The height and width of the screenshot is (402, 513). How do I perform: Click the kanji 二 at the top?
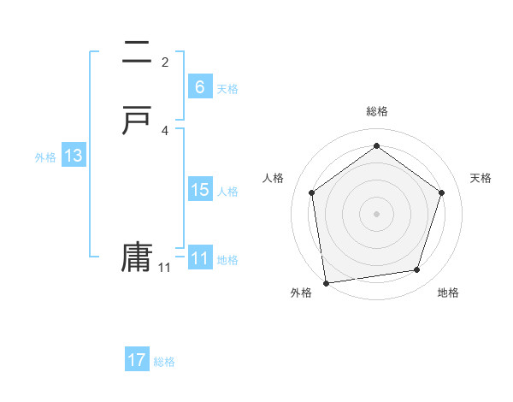(x=136, y=53)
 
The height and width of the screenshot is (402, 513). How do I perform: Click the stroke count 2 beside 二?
(x=165, y=62)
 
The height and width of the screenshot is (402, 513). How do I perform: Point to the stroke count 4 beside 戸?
(x=165, y=130)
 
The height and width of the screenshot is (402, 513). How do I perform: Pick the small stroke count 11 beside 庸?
(x=164, y=268)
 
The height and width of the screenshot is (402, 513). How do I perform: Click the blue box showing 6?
(x=200, y=86)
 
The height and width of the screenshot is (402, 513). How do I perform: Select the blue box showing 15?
(x=200, y=190)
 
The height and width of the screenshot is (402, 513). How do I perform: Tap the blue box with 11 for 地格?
(x=200, y=258)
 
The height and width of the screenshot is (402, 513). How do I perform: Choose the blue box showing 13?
(x=74, y=156)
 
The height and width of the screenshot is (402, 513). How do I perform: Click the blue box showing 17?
(x=137, y=360)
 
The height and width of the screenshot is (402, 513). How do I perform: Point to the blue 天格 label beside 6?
(x=227, y=89)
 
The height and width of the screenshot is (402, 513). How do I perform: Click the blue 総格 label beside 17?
(x=164, y=362)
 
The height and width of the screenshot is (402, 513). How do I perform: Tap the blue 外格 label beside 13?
(x=45, y=157)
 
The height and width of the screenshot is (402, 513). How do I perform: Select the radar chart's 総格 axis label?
(x=376, y=111)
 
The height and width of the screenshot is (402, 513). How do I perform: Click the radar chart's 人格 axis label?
(x=274, y=178)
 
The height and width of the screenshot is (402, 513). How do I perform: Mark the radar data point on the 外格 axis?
(x=326, y=282)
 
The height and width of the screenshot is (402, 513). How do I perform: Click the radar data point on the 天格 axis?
(x=442, y=192)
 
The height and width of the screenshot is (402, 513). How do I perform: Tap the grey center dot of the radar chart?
(x=376, y=213)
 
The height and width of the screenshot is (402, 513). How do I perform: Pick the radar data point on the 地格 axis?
(x=417, y=270)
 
